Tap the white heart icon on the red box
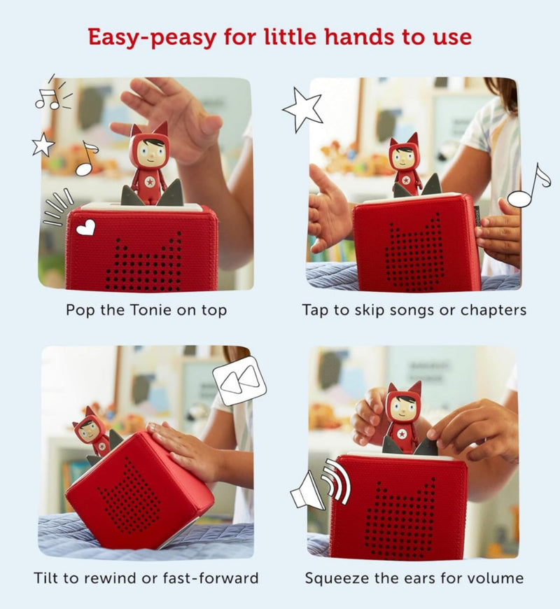[86, 227]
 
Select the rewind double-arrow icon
[239, 380]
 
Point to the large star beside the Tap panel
[303, 109]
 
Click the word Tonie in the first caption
[150, 310]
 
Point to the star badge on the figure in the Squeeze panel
[402, 434]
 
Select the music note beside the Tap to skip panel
[528, 186]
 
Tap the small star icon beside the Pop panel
[43, 144]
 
